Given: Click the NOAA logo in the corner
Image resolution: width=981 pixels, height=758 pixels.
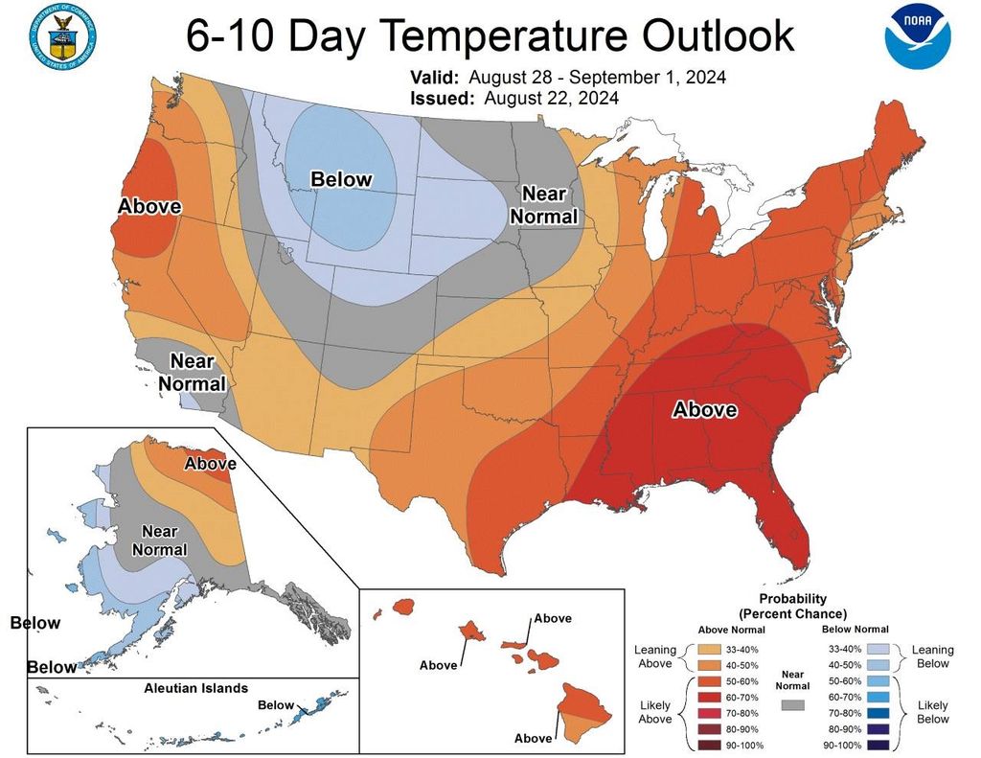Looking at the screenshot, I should click(x=918, y=37).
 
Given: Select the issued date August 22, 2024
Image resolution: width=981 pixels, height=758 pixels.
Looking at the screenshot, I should click(x=551, y=98).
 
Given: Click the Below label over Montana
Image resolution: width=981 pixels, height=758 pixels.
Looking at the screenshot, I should click(x=340, y=179).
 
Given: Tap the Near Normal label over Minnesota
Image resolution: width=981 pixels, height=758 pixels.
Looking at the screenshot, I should click(x=543, y=205).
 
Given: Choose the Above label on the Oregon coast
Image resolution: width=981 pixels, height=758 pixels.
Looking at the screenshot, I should click(x=149, y=206).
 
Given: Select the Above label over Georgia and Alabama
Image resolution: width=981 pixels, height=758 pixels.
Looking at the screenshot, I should click(x=704, y=410).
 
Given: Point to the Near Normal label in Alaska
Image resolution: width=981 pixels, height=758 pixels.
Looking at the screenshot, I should click(x=159, y=540).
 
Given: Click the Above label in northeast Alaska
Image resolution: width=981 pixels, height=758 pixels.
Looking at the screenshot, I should click(x=210, y=464).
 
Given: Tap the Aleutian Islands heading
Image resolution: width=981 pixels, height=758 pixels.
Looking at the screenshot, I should click(x=195, y=688).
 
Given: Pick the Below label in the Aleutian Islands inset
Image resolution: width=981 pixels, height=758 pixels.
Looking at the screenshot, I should click(x=276, y=706).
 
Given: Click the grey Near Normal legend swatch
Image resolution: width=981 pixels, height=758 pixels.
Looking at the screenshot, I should click(x=793, y=704).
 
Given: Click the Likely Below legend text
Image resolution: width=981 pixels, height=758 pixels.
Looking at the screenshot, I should click(x=930, y=711).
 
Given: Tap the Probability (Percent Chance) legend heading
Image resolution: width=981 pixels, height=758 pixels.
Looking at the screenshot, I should click(x=793, y=606).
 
